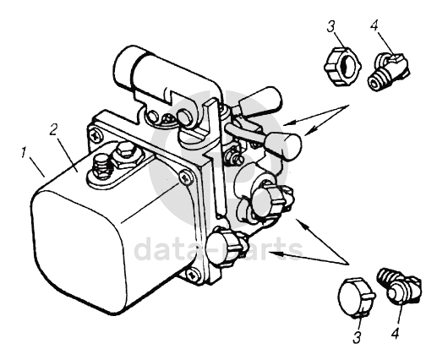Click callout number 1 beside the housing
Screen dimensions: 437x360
coord(24,155)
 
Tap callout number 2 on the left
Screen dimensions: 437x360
coord(54,129)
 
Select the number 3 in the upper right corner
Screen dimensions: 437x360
coord(331,27)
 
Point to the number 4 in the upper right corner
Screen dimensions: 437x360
coord(374,27)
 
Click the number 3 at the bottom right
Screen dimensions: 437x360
coord(357,336)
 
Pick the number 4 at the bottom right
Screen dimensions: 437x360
coord(395,332)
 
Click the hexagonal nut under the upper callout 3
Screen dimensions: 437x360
coord(342,67)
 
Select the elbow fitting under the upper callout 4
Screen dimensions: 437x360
coord(388,72)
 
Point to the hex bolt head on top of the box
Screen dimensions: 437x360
coord(125,150)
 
